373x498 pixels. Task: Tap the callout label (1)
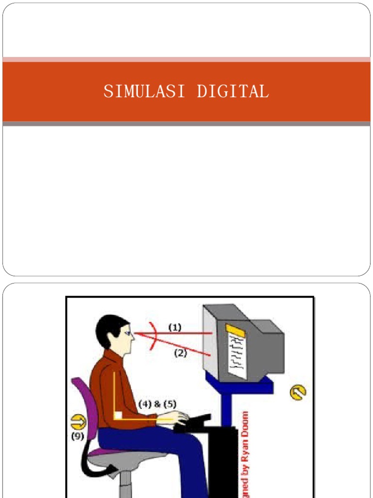click(175, 327)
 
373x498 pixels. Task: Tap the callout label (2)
click(180, 354)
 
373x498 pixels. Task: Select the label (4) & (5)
click(157, 404)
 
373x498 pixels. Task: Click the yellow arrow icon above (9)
click(78, 420)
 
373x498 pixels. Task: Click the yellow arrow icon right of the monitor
click(298, 392)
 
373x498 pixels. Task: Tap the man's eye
click(127, 334)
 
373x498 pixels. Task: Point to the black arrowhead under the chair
click(114, 469)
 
